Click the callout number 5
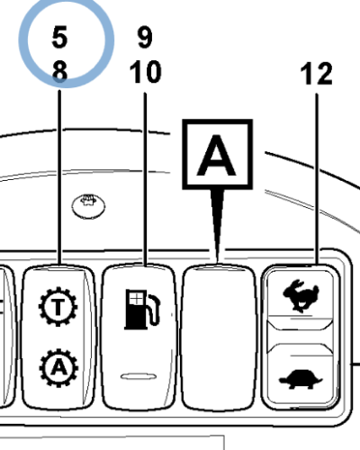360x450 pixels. (x=59, y=37)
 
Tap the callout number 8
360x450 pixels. (x=59, y=71)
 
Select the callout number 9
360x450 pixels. (x=145, y=37)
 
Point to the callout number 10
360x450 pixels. (x=146, y=72)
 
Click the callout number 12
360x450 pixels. (x=316, y=74)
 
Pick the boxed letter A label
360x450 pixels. (x=218, y=154)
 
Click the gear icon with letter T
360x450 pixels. (x=58, y=307)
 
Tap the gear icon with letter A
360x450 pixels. (x=58, y=368)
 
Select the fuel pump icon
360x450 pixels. (x=142, y=309)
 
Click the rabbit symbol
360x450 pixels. (x=301, y=296)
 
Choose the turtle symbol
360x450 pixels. (x=301, y=379)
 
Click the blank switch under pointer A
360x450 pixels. (x=219, y=337)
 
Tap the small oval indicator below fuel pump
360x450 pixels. (x=139, y=376)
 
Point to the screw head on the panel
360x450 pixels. (x=88, y=206)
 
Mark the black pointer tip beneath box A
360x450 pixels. (x=218, y=260)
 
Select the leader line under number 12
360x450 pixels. (x=317, y=179)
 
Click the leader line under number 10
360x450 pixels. (x=145, y=179)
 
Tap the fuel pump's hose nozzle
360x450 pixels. (x=154, y=310)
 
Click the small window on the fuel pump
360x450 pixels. (x=136, y=299)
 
